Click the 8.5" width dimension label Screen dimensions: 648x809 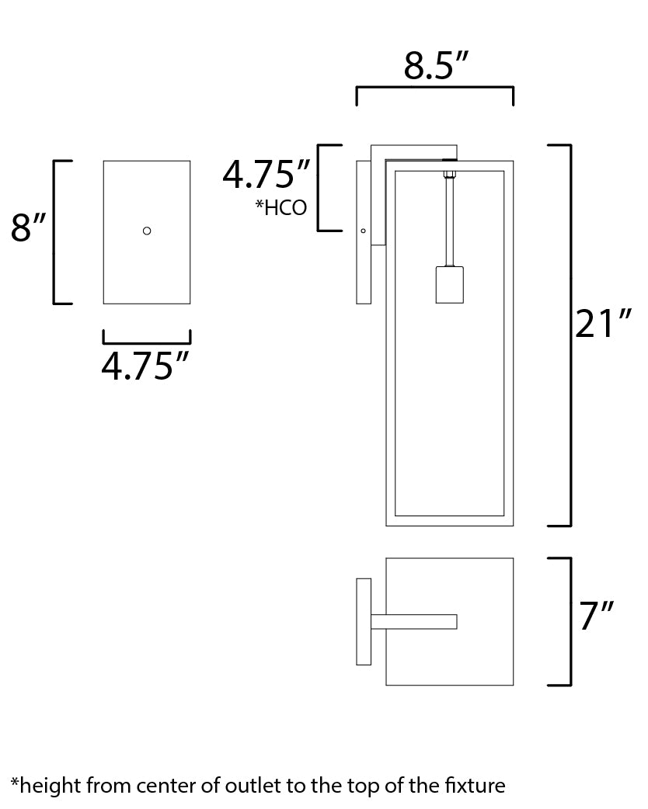click(435, 66)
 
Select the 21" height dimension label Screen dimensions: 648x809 click(603, 324)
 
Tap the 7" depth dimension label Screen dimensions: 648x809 click(596, 616)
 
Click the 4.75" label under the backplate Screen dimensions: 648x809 click(145, 366)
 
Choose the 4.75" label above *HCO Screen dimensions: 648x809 click(267, 174)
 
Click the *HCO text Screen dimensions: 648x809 click(281, 208)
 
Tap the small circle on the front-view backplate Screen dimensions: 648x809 click(147, 231)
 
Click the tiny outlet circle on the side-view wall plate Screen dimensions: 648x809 click(363, 231)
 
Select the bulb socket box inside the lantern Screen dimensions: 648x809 click(449, 285)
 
